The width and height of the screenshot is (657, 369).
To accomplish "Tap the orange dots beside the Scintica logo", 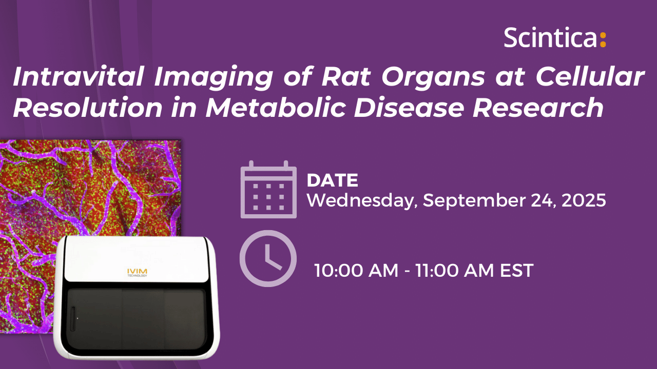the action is tap(603, 40).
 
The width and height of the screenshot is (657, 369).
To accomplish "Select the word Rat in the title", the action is tap(346, 76).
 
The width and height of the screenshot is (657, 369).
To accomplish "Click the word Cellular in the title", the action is tap(590, 76).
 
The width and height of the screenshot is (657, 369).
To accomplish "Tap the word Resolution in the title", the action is tap(87, 108).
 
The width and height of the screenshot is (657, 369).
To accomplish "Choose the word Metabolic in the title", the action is tap(276, 108).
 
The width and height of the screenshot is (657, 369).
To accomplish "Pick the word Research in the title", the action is tap(538, 108).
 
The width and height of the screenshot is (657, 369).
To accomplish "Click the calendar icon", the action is tap(268, 189).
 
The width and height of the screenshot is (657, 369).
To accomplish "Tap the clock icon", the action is tap(268, 258).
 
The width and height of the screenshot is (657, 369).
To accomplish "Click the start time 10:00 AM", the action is tap(356, 270).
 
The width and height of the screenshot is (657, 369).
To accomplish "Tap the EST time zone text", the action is tap(516, 270).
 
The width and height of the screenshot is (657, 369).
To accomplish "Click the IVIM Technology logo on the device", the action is tap(137, 272).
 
